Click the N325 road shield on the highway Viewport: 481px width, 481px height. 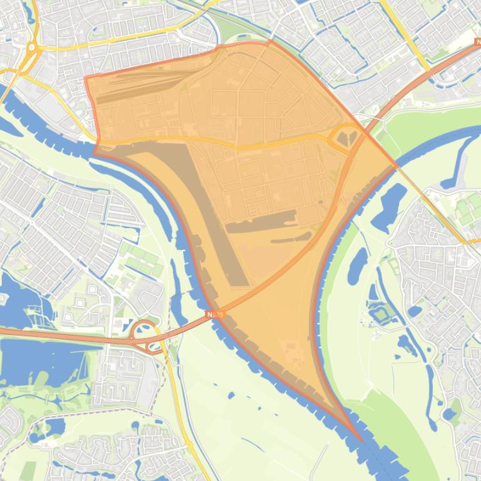pos(215,315)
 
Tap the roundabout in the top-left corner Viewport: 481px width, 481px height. pos(31,47)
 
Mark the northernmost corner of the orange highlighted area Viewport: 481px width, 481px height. pos(270,42)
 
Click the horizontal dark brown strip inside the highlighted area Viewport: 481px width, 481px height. pos(260,220)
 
